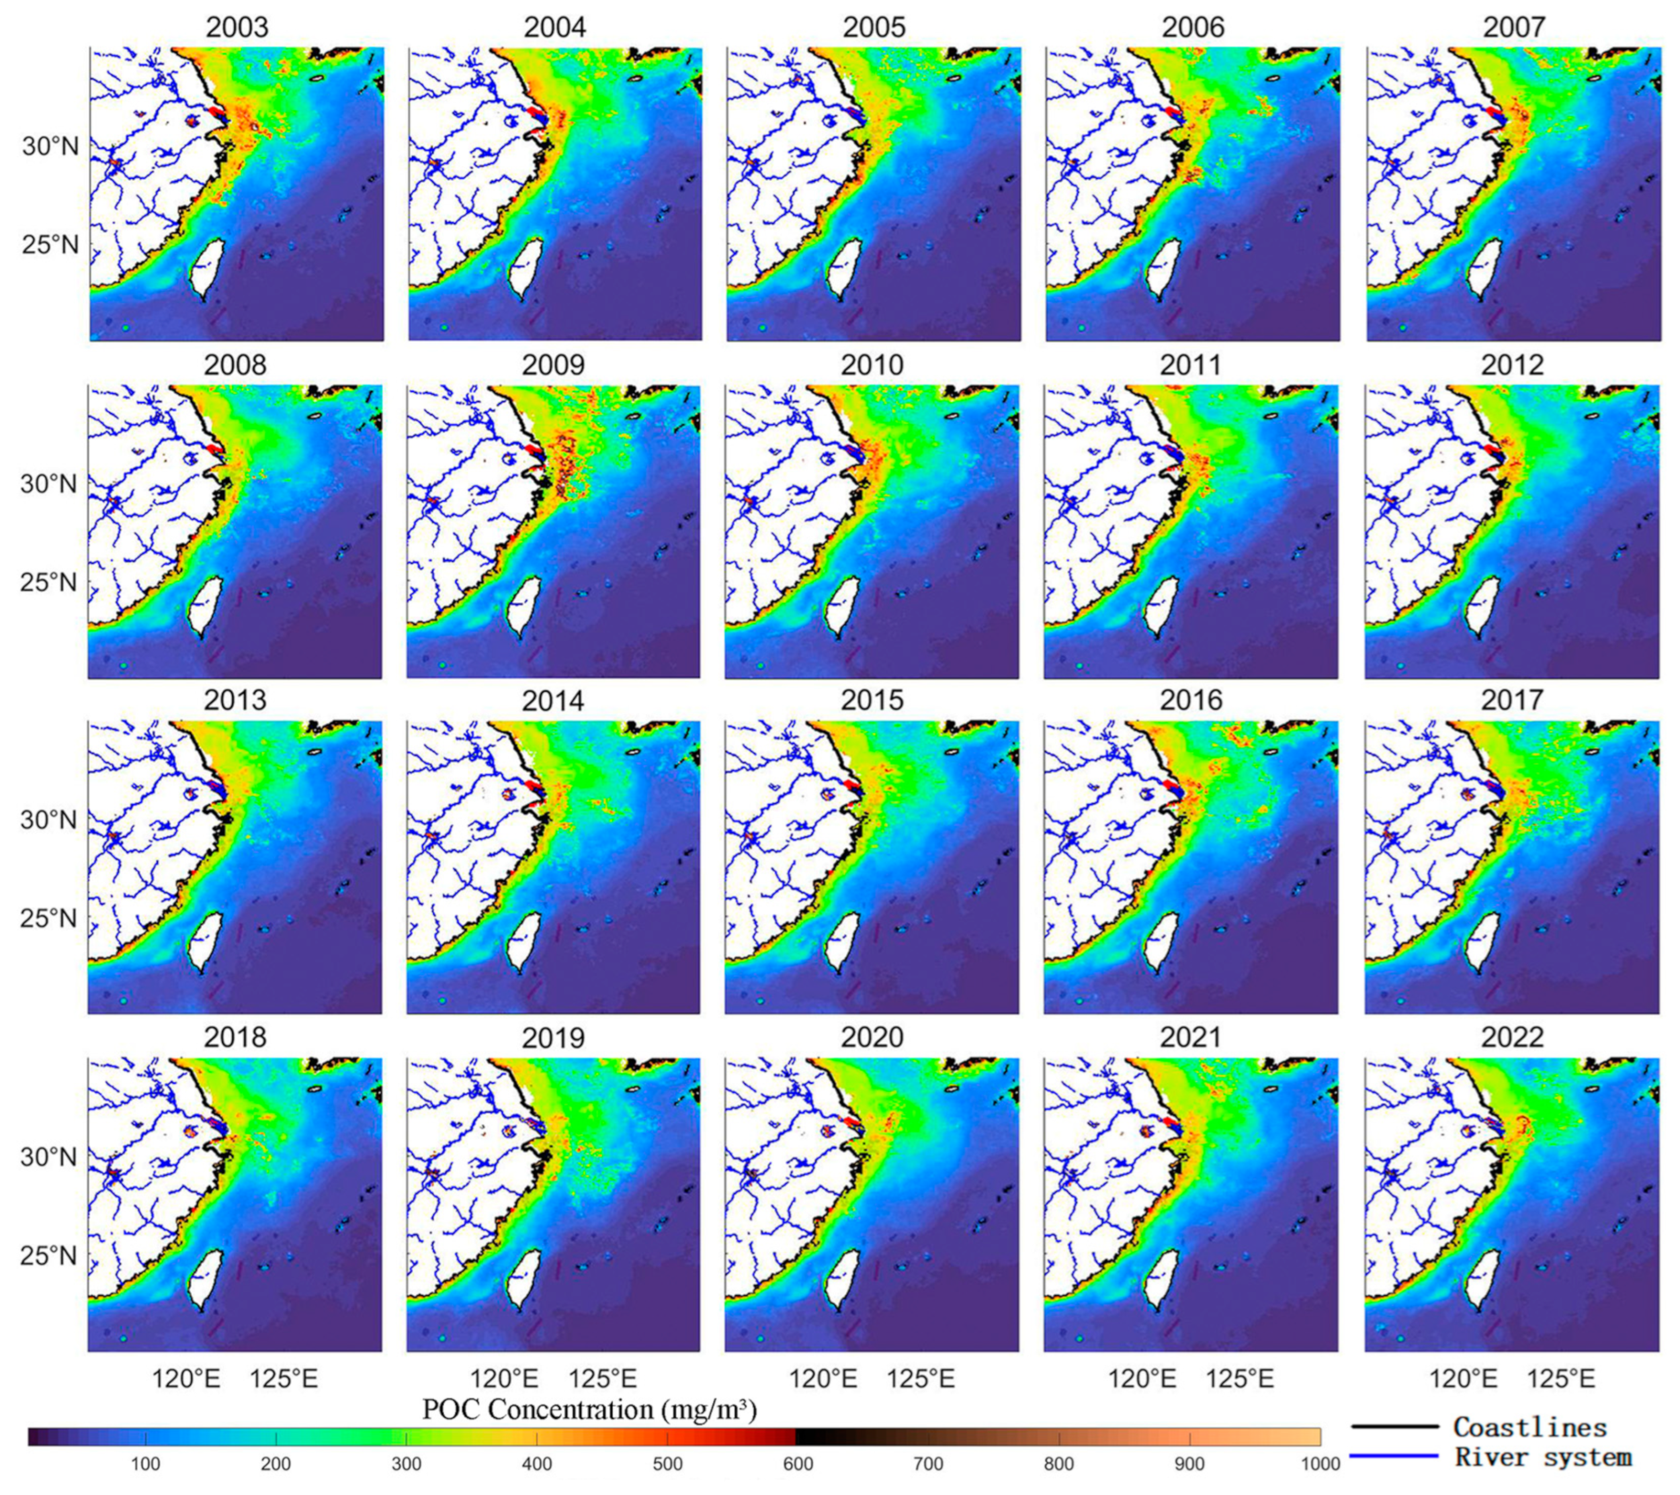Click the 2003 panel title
pyautogui.click(x=237, y=27)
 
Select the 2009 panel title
pyautogui.click(x=553, y=364)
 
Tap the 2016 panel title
pyautogui.click(x=1191, y=700)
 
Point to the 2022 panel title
pyautogui.click(x=1512, y=1038)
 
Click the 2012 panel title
pyautogui.click(x=1512, y=364)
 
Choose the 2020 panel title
pyautogui.click(x=873, y=1038)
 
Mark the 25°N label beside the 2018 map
pyautogui.click(x=49, y=1255)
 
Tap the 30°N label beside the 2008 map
pyautogui.click(x=49, y=484)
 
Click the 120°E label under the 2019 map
pyautogui.click(x=505, y=1377)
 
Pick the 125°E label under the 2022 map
pyautogui.click(x=1561, y=1377)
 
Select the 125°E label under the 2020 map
pyautogui.click(x=921, y=1377)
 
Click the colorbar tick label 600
pyautogui.click(x=797, y=1464)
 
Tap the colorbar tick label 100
pyautogui.click(x=145, y=1464)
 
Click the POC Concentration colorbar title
pyautogui.click(x=589, y=1410)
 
